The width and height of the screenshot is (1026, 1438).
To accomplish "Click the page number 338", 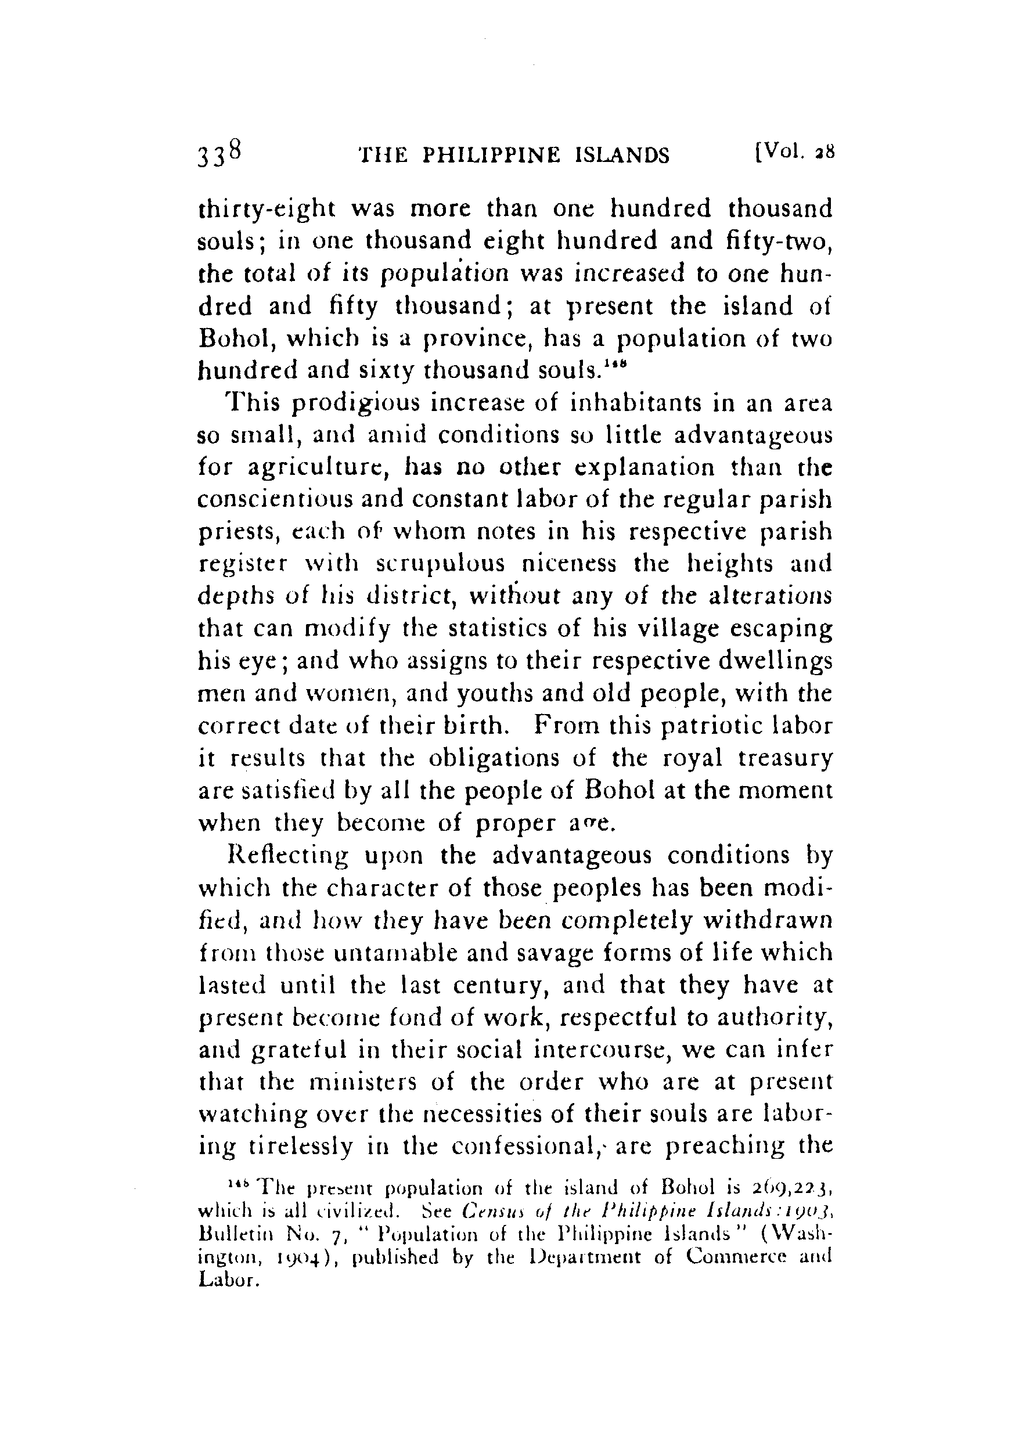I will pos(219,153).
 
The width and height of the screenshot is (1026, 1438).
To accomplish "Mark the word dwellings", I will pos(775,661).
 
